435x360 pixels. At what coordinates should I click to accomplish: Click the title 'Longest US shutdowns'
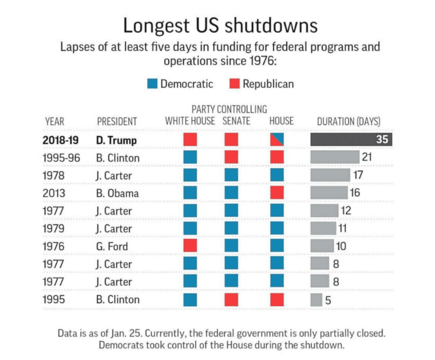(220, 26)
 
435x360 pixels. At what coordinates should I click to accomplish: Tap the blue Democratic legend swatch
(153, 84)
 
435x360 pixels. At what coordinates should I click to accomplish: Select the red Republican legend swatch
(235, 84)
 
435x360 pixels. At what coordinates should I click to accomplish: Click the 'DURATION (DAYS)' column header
(348, 121)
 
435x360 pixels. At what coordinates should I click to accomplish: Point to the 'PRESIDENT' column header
(117, 121)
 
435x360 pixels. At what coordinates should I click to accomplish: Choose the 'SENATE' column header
(236, 121)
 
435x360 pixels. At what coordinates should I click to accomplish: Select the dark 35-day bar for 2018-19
(351, 140)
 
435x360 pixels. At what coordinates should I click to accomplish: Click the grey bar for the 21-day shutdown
(335, 157)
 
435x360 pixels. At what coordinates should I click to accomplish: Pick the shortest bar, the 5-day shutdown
(316, 300)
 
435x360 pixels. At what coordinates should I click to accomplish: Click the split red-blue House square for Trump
(277, 140)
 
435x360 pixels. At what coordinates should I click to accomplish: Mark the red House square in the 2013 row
(277, 193)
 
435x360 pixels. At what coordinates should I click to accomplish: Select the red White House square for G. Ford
(190, 246)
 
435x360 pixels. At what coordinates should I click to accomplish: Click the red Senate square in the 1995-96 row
(231, 157)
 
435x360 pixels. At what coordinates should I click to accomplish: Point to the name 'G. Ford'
(112, 246)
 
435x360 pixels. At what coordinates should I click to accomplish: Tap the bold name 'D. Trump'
(116, 140)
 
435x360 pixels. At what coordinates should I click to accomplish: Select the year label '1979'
(54, 228)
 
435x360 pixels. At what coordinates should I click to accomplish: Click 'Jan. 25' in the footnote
(126, 333)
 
